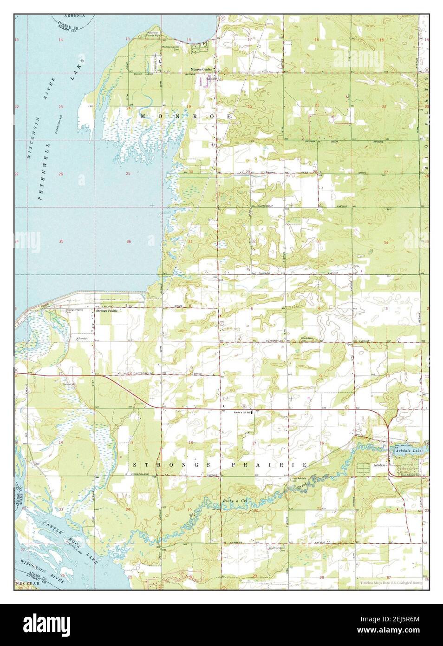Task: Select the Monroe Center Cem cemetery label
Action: (170, 48)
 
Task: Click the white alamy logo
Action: (221, 625)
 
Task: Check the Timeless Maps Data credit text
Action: (390, 583)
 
